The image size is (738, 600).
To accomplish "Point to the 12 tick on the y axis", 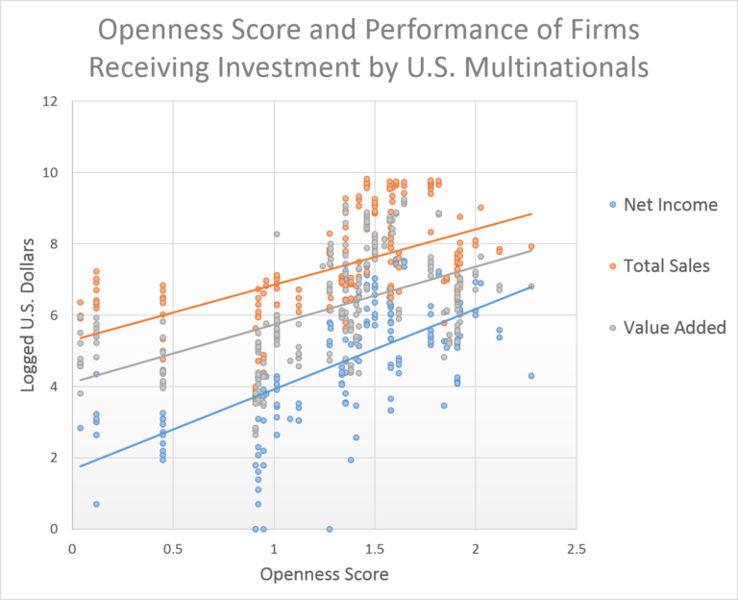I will point(52,102).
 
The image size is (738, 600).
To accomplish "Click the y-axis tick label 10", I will point(52,173).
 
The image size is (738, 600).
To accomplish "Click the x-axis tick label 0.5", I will point(173,549).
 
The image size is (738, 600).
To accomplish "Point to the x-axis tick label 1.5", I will point(375,549).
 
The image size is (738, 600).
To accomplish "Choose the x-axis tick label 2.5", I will point(576,549).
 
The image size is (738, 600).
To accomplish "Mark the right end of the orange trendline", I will point(531,214).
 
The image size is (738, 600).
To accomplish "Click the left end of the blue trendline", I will point(80,466).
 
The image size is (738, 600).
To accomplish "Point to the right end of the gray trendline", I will point(531,250).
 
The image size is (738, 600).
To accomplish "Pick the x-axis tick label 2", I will point(476,549).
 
